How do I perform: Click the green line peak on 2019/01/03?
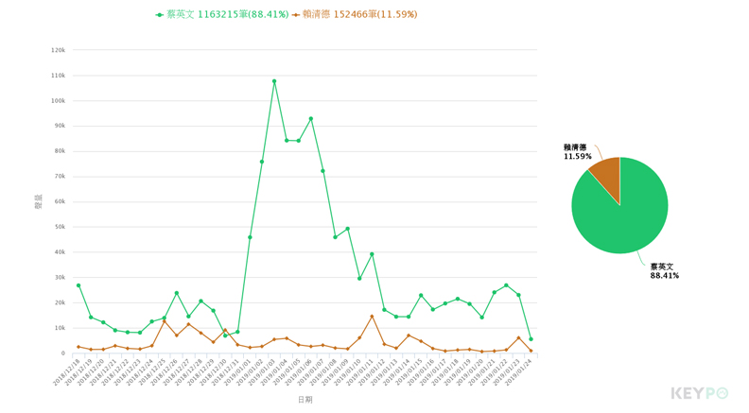pos(274,81)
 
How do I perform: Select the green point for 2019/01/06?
pos(311,119)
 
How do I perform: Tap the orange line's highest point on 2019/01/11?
pos(373,317)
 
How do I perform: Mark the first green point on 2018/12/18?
pos(78,285)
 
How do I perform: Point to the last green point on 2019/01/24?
pos(531,339)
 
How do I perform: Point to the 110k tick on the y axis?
pos(58,76)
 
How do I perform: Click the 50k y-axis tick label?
pos(60,227)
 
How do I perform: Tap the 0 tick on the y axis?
pos(63,353)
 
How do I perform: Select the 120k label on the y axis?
pos(58,50)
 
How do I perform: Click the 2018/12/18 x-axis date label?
pos(66,372)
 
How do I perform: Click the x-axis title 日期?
pos(305,400)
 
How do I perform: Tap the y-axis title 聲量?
pos(39,201)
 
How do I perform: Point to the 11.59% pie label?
pos(577,157)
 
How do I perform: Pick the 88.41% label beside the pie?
pos(664,276)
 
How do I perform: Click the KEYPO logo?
pos(700,393)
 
